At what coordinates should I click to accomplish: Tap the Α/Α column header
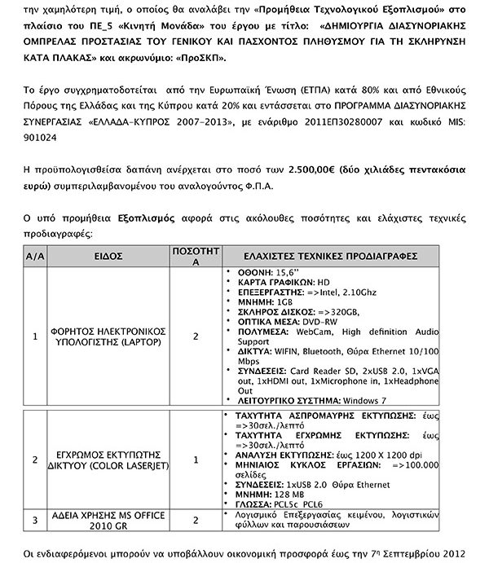click(x=34, y=256)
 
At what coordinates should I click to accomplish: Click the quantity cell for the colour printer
click(x=195, y=459)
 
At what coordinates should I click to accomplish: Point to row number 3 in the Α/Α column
click(x=34, y=518)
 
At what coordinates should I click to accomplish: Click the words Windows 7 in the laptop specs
click(x=363, y=400)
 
